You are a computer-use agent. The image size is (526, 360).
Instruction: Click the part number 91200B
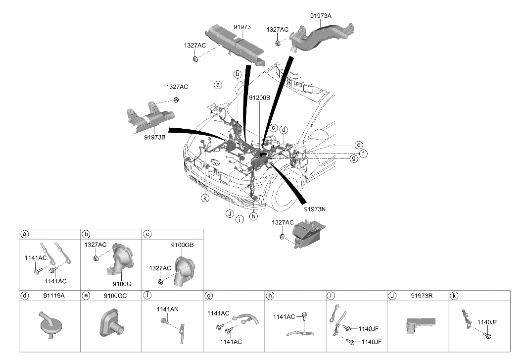point(259,98)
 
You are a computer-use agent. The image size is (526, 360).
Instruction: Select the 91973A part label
point(321,15)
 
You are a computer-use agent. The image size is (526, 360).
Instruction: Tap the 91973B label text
point(155,137)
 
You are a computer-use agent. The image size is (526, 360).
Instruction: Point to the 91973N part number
point(315,209)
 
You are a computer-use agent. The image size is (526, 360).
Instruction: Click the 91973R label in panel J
point(422,296)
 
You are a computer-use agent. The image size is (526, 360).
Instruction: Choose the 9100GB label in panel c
point(182,245)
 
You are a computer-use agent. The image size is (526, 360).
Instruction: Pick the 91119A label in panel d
point(53,296)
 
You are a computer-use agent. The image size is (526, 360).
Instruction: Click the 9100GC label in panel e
point(115,296)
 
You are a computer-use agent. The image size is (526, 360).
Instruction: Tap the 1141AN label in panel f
point(167,309)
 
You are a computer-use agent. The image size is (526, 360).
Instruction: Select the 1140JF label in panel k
point(487,322)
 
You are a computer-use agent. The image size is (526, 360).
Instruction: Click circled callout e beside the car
point(359,145)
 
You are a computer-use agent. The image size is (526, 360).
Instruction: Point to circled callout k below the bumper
point(205,198)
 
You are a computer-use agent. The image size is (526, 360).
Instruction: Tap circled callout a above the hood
point(218,85)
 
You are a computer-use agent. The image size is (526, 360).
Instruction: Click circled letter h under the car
point(253,216)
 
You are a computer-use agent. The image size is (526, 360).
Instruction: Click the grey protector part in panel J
point(421,325)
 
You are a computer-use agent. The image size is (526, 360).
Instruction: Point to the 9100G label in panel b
point(122,284)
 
